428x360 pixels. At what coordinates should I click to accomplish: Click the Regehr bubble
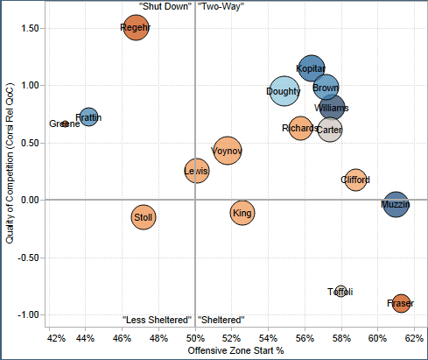coord(136,28)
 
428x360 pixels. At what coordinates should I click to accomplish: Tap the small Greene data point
coord(65,124)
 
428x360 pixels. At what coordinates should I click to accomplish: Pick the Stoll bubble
coord(144,216)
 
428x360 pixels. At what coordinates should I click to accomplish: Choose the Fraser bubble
coord(400,304)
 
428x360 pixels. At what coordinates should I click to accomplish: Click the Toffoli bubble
coord(340,292)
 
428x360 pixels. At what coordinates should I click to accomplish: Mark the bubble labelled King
coord(243,212)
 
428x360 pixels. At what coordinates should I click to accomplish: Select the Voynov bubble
coord(228,152)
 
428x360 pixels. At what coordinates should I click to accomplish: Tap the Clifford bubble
coord(354,180)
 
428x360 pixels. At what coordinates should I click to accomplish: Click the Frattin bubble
coord(88,116)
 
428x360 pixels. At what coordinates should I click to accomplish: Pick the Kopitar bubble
coord(311,67)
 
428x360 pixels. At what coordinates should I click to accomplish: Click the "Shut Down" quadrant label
coord(165,7)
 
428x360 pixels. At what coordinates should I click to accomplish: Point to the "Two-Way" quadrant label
coord(221,7)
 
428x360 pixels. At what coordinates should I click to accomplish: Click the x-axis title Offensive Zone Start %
coord(234,351)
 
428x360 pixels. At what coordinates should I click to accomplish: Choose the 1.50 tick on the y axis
coord(26,28)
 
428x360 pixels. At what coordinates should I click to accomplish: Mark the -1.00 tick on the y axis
coord(25,314)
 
